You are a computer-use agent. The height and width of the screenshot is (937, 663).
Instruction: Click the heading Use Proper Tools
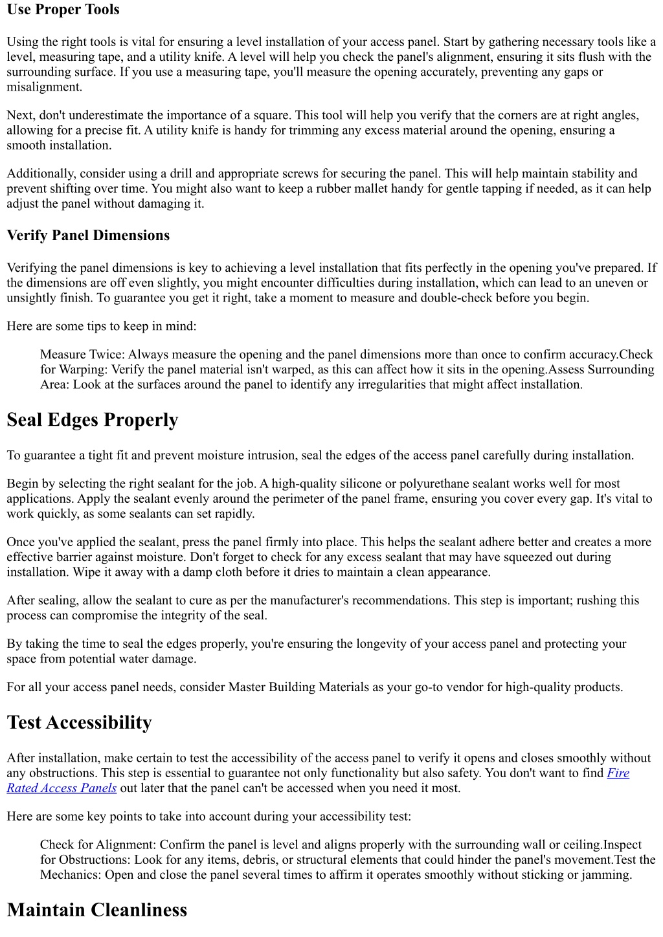click(63, 10)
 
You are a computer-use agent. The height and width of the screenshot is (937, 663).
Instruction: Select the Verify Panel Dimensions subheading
click(88, 236)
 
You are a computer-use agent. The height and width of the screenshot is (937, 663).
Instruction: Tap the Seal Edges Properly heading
click(93, 420)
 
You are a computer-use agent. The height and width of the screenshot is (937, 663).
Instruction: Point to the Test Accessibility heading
click(79, 723)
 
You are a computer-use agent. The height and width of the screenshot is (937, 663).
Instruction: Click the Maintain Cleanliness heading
click(96, 910)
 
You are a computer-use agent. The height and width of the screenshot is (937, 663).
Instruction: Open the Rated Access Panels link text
click(62, 788)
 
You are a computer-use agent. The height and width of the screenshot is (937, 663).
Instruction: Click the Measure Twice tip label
click(82, 355)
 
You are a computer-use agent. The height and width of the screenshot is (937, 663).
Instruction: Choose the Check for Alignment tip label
click(98, 845)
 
